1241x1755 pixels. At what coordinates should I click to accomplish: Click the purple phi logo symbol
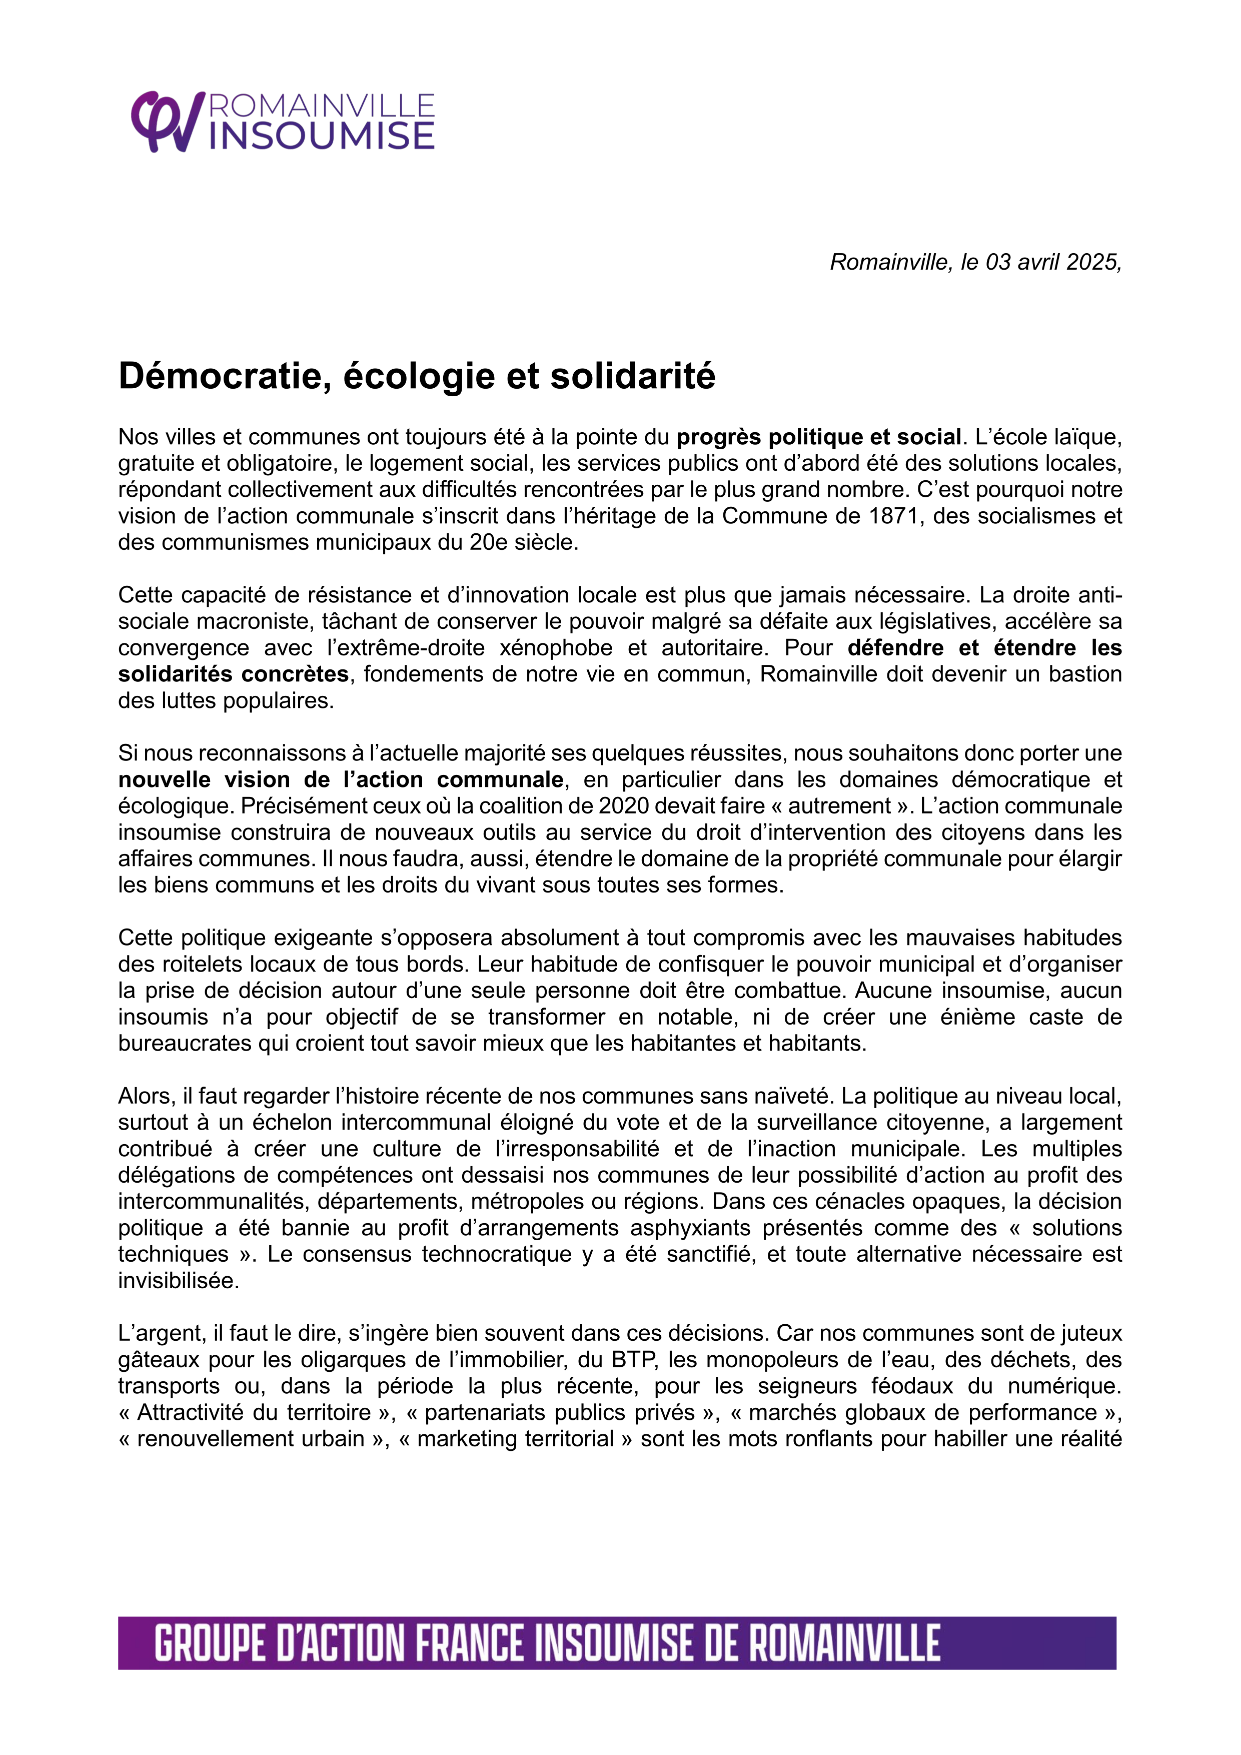(x=167, y=122)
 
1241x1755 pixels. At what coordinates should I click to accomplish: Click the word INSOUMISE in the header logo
(x=321, y=136)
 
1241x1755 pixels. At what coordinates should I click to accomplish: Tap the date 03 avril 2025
(x=1051, y=262)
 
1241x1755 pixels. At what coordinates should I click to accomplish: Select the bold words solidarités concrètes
(x=233, y=674)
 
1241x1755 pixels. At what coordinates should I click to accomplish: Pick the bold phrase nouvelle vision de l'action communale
(x=341, y=779)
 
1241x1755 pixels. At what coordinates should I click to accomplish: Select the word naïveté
(x=795, y=1096)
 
